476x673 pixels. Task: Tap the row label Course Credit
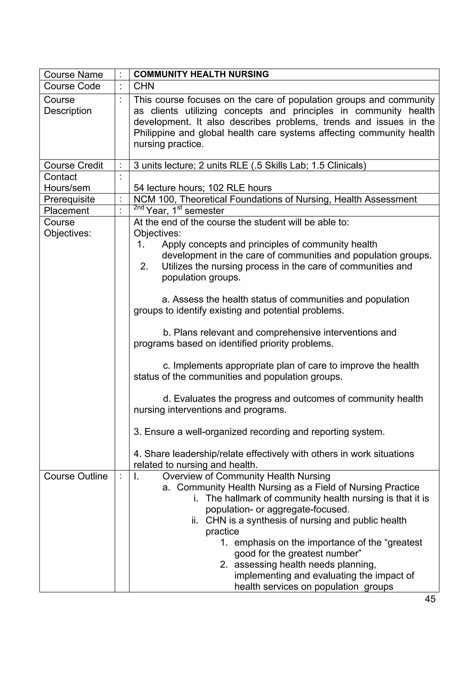[x=73, y=165]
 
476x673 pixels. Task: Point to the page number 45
[x=430, y=599]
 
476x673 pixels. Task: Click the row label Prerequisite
[x=69, y=199]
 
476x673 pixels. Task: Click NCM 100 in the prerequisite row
[x=154, y=199]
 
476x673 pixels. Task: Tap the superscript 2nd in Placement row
[x=139, y=208]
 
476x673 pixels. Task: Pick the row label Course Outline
[x=76, y=476]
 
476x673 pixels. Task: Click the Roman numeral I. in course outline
[x=136, y=476]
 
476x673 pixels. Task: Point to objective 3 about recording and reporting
[x=259, y=432]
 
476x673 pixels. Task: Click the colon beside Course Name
[x=121, y=74]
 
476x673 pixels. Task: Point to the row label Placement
[x=66, y=211]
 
